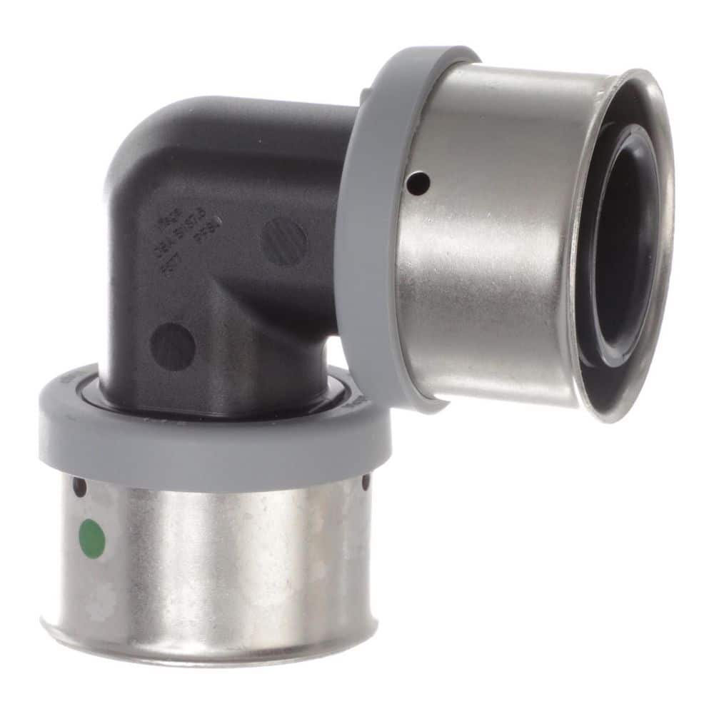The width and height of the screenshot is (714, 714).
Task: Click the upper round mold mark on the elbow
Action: tap(284, 241)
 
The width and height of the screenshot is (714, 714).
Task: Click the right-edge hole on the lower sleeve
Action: tap(366, 483)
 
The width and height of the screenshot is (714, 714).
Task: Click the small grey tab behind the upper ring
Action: tap(366, 94)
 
